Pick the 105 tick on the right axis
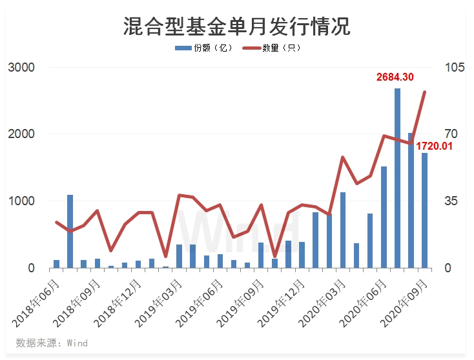click(x=449, y=68)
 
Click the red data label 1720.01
click(x=434, y=146)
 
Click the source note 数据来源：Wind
click(x=52, y=343)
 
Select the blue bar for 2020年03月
click(x=343, y=230)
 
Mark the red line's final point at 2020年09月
click(x=425, y=92)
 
